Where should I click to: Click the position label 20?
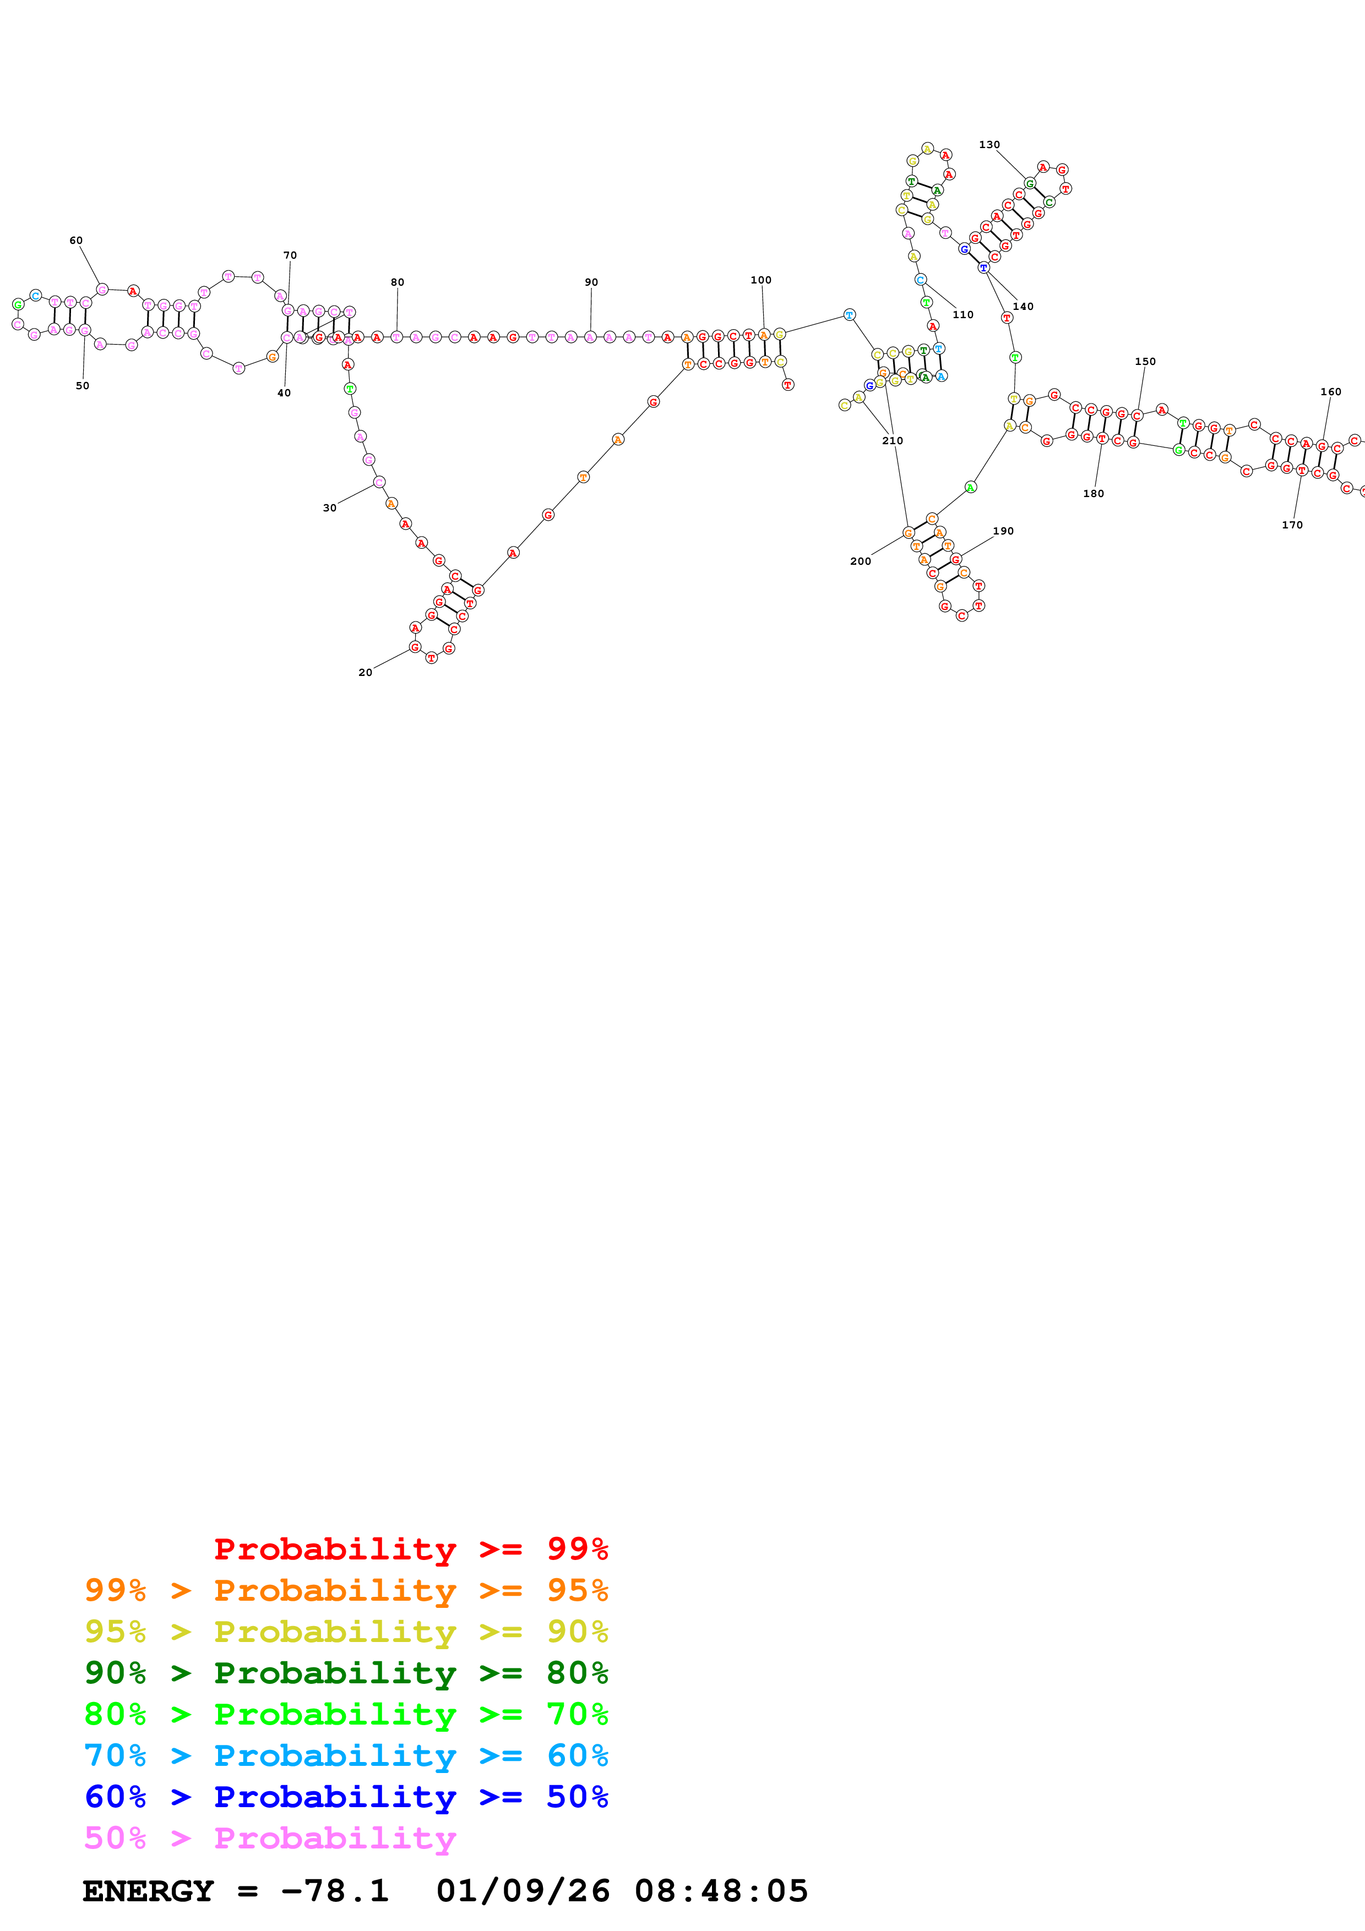click(x=365, y=672)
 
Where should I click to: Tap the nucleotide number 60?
click(x=75, y=241)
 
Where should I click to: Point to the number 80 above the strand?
click(x=397, y=282)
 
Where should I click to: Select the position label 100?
click(x=760, y=280)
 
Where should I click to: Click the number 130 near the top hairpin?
click(x=989, y=145)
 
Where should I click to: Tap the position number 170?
click(x=1292, y=525)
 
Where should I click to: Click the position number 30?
click(x=330, y=508)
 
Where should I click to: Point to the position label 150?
click(x=1145, y=362)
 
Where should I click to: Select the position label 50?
click(x=83, y=386)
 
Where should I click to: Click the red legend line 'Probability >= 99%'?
click(x=410, y=1549)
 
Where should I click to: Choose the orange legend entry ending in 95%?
click(x=346, y=1590)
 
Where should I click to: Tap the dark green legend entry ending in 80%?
click(x=346, y=1673)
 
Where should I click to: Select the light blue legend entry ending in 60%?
click(x=346, y=1755)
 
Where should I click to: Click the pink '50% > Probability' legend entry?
click(x=270, y=1837)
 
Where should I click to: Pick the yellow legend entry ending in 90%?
click(x=346, y=1632)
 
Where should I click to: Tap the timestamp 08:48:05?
click(x=721, y=1891)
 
